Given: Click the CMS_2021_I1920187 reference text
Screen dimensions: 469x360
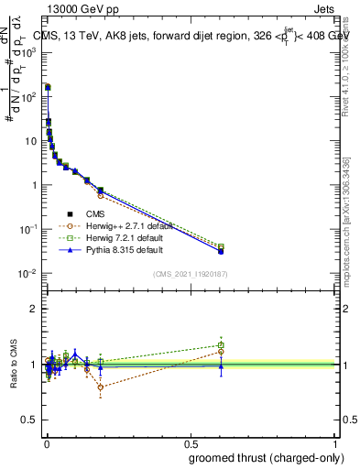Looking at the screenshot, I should click(202, 273).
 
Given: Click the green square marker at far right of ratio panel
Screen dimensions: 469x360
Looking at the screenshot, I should click(221, 345).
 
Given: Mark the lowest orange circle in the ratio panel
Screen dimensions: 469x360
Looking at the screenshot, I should click(101, 387).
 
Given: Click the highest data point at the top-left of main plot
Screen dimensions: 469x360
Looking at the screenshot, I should click(47, 87).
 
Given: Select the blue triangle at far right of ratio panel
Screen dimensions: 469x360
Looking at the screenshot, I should click(221, 366).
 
